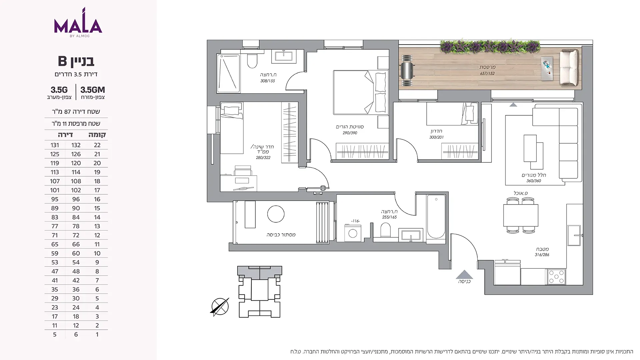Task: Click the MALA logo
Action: tap(78, 22)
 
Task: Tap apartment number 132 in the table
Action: tap(76, 145)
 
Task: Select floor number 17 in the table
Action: tap(97, 190)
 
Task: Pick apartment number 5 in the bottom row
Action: tap(55, 334)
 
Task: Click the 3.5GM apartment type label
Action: tap(93, 90)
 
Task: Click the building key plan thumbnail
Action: tap(260, 292)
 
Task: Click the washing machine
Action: tap(353, 233)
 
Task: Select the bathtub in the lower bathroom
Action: tap(436, 217)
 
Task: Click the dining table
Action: tap(521, 215)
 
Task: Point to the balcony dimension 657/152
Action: tap(487, 73)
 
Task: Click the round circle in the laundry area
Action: tap(276, 214)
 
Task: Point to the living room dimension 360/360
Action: tap(534, 181)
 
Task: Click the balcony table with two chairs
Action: tap(407, 70)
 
